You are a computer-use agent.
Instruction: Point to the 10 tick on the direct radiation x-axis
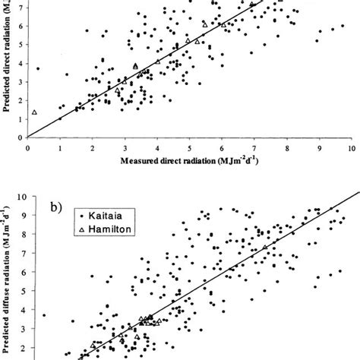351,148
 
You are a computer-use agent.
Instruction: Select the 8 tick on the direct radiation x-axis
286,148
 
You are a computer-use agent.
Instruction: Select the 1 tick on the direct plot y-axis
22,118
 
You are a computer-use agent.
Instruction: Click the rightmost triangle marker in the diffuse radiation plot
264,248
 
